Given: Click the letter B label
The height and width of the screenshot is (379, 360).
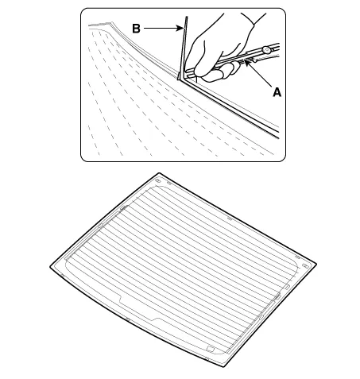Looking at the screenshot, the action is point(136,29).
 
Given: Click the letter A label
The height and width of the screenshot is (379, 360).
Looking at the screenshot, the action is point(277,92).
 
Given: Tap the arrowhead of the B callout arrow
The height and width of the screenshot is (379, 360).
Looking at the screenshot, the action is point(180,28).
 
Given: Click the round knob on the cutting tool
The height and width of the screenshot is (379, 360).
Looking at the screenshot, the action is point(266,49).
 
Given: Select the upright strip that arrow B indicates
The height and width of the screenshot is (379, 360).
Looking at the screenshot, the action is point(183,48).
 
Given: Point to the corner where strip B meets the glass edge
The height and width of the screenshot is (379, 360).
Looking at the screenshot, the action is point(180,79).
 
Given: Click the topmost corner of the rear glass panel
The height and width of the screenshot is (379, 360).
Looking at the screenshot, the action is point(159,173).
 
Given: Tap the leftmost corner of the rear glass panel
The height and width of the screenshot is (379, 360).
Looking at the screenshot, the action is point(50,267).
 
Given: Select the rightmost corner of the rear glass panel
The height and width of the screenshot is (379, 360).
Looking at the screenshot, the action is point(316,264).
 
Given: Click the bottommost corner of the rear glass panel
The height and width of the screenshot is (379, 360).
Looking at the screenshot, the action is point(224,366).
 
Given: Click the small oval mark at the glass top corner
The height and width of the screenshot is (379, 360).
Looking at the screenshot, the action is point(157,181).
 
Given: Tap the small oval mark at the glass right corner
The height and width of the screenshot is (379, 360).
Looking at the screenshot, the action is point(305,266).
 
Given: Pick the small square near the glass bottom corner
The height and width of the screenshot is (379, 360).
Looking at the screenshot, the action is point(210,349).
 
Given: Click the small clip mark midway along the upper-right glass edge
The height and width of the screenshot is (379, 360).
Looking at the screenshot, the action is point(230,219).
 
